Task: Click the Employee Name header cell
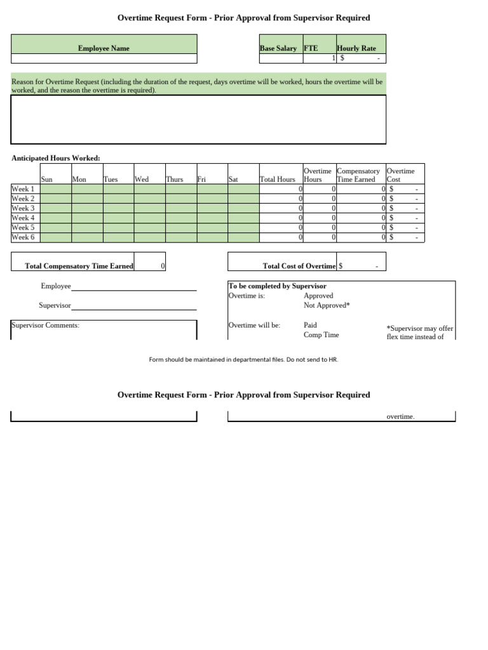point(104,48)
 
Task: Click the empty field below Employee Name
point(104,58)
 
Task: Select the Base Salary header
point(278,48)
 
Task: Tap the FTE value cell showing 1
point(320,58)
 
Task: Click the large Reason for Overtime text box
point(198,119)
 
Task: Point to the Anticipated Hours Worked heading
point(56,158)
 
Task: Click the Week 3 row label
point(24,208)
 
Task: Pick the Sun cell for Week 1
point(56,189)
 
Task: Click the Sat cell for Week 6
point(243,237)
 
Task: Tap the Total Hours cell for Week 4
point(281,218)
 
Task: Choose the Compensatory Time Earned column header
point(358,175)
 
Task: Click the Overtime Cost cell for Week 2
point(405,199)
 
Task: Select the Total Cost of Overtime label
point(299,267)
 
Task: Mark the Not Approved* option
point(327,305)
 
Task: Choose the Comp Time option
point(321,335)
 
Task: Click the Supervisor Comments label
point(46,326)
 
